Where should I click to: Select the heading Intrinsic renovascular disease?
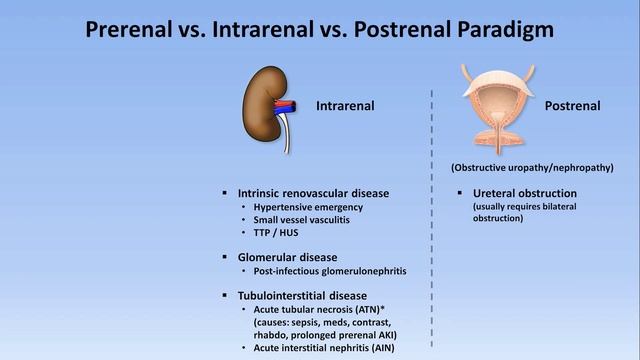coord(313,192)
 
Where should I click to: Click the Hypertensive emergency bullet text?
coord(307,207)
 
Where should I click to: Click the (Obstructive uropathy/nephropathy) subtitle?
coord(532,166)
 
